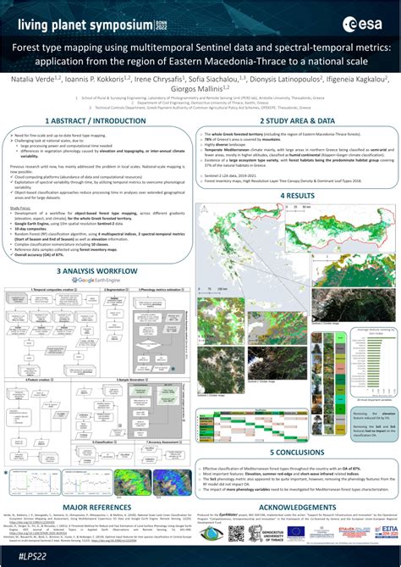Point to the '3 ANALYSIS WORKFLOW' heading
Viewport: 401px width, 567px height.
(x=99, y=247)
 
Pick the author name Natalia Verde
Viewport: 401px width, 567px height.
(x=33, y=79)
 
